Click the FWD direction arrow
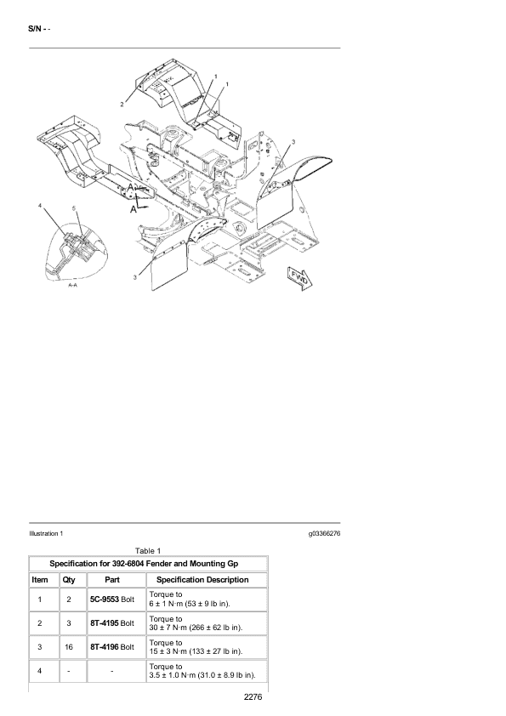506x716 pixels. tap(300, 278)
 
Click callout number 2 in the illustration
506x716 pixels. tap(122, 105)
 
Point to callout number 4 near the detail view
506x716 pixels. tap(40, 206)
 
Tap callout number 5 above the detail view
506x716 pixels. tap(74, 208)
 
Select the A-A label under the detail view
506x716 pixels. tap(72, 285)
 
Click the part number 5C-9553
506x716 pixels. tap(105, 600)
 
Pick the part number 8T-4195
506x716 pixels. tap(105, 622)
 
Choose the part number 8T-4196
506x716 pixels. tap(105, 646)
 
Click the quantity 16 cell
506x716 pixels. tap(69, 646)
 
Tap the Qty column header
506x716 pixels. tap(69, 580)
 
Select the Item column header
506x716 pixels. tap(40, 580)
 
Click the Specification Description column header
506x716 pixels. tap(202, 580)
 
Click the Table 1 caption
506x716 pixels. tap(148, 551)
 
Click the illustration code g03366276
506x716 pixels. tap(324, 533)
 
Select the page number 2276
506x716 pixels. tap(253, 696)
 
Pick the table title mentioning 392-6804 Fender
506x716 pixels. tap(144, 564)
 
